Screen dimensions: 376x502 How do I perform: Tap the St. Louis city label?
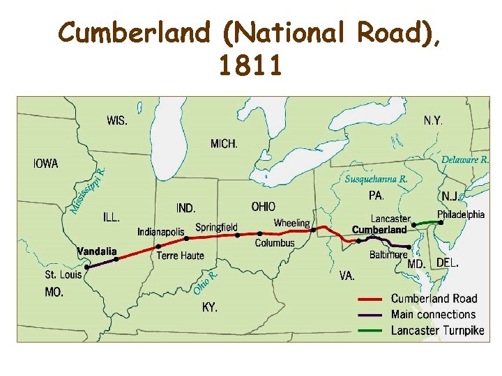[x=63, y=275]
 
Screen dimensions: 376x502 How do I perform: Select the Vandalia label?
[x=97, y=251]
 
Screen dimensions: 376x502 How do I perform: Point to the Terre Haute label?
[x=181, y=256]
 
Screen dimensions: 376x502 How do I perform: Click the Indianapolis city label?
[x=161, y=232]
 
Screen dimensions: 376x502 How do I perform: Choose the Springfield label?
[x=216, y=227]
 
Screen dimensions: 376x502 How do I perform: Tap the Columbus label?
[x=275, y=243]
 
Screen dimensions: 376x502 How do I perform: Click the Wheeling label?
[x=291, y=224]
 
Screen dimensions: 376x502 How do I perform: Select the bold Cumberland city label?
[x=379, y=230]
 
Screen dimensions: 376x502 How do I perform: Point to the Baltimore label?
[x=388, y=255]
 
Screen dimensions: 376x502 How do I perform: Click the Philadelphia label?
[x=461, y=214]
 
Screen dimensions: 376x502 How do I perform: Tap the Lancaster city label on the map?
[x=390, y=219]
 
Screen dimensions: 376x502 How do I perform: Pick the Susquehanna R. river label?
[x=376, y=179]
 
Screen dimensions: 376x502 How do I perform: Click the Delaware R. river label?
[x=465, y=159]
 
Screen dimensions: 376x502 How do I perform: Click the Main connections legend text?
[x=433, y=315]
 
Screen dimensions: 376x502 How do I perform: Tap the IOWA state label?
[x=46, y=164]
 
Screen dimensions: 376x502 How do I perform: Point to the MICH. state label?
[x=224, y=144]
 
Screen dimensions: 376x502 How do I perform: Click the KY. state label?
[x=210, y=307]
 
